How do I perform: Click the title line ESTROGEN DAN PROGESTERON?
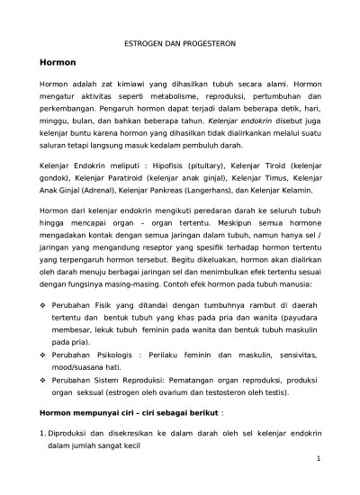click(x=180, y=42)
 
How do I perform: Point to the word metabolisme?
click(x=169, y=95)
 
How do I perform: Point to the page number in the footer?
click(x=319, y=460)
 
